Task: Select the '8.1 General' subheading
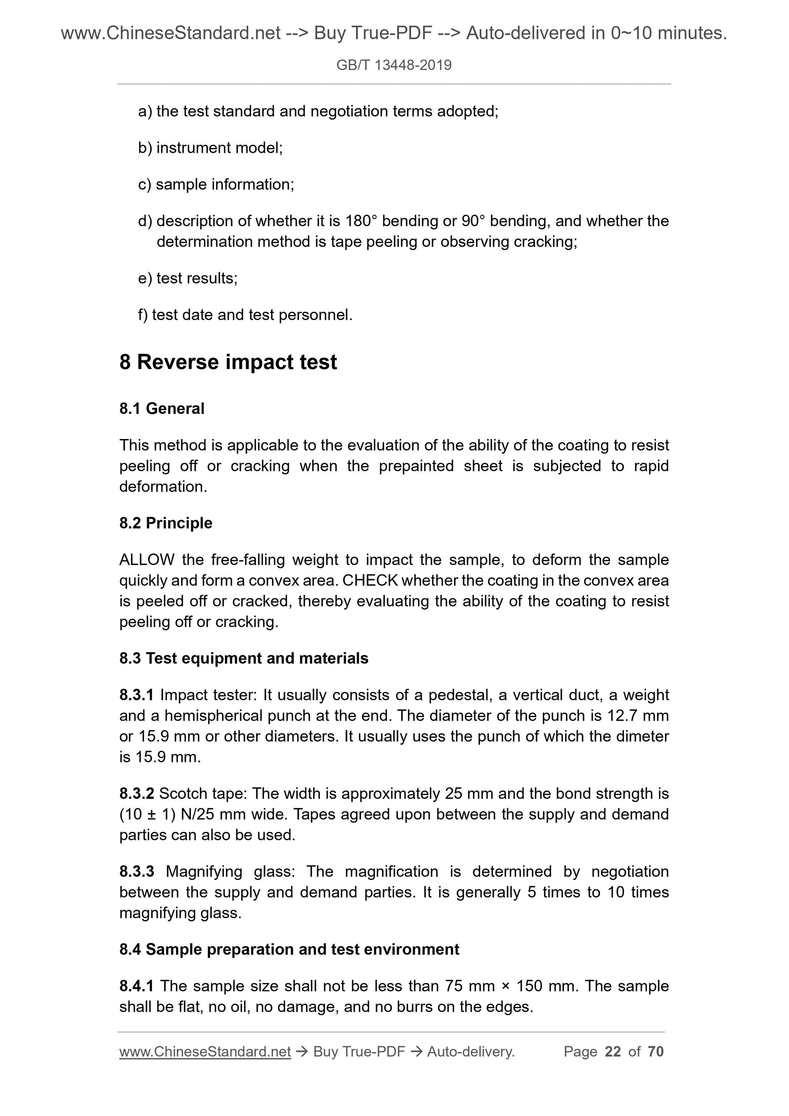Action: click(162, 409)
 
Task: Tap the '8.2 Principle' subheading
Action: click(166, 523)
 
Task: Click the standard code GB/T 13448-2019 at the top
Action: click(394, 65)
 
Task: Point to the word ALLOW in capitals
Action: click(146, 560)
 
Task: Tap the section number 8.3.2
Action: click(136, 794)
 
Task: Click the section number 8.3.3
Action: click(136, 872)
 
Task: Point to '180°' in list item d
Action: click(361, 221)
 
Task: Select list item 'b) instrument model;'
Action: click(210, 148)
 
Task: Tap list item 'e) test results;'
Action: click(188, 278)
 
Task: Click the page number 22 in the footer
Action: click(613, 1052)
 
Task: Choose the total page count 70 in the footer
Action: click(655, 1052)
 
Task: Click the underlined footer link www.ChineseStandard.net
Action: click(205, 1052)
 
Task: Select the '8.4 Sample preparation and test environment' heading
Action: click(289, 949)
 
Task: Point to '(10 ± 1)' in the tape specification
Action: click(147, 814)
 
